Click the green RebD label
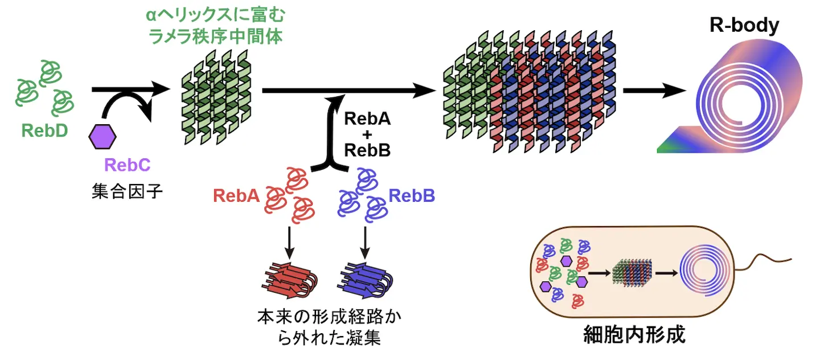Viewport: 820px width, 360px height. (44, 130)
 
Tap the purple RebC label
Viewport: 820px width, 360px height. (128, 165)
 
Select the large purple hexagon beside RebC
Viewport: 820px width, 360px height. (102, 137)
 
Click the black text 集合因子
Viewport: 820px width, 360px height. (127, 191)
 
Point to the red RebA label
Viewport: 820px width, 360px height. (236, 195)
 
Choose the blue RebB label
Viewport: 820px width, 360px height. (412, 195)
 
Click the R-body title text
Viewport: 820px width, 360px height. (744, 25)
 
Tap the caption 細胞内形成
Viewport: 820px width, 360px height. (634, 334)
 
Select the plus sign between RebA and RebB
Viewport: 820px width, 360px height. (367, 135)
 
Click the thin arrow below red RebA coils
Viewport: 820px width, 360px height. (289, 243)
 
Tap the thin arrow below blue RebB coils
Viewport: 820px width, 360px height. (365, 243)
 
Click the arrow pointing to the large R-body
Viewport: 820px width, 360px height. (654, 91)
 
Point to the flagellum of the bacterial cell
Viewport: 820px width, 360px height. (763, 262)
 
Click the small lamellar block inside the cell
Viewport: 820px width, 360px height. (632, 273)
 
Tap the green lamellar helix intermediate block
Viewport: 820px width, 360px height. (217, 97)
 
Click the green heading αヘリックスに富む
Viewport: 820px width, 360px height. (215, 15)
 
